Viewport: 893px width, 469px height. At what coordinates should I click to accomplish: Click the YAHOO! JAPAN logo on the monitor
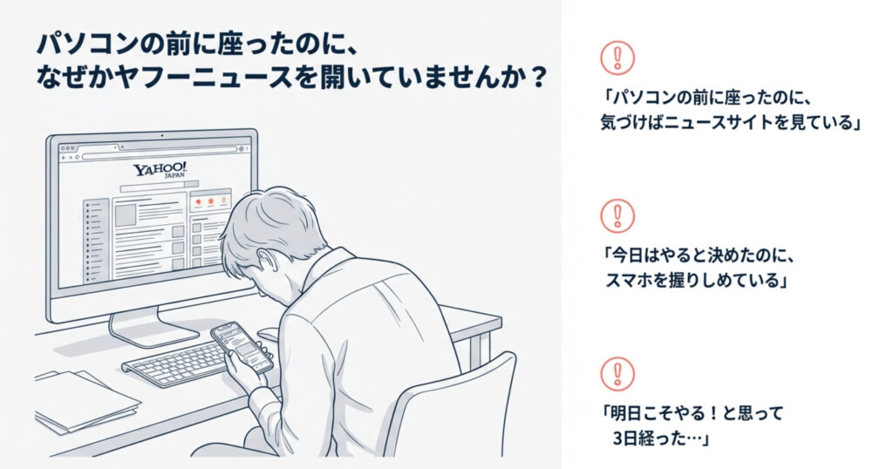(160, 170)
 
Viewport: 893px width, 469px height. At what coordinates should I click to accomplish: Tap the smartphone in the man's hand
(242, 348)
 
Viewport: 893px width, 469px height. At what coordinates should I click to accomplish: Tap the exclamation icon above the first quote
(617, 58)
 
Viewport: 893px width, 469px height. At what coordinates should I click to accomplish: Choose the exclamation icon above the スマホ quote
(617, 215)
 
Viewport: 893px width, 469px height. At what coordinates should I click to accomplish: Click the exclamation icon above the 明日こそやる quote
(617, 373)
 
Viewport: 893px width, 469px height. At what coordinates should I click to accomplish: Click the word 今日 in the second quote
(627, 255)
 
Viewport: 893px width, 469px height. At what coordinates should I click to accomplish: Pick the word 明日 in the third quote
(627, 413)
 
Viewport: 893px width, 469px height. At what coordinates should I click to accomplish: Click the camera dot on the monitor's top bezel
(161, 136)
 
